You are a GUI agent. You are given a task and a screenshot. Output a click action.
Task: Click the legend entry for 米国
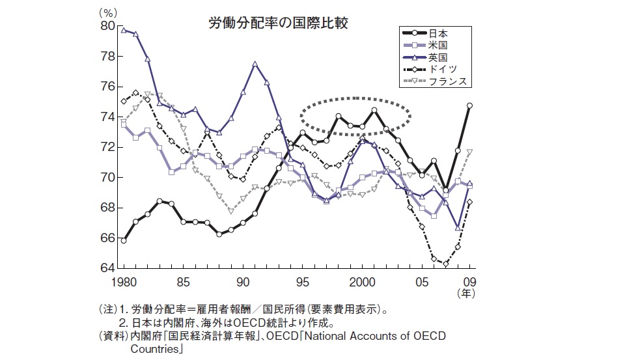438,45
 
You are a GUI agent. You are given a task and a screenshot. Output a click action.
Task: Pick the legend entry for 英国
438,57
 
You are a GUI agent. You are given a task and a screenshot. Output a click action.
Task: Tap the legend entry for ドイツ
443,69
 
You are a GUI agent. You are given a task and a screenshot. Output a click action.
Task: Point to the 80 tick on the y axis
107,26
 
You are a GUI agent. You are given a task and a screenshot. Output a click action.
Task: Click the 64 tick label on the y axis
107,268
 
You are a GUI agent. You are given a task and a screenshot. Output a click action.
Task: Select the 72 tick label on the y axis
107,147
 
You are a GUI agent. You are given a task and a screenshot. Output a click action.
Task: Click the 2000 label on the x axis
363,283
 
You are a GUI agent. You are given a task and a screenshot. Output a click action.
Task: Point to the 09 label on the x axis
469,283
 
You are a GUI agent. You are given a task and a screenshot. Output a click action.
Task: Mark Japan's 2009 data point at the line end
469,105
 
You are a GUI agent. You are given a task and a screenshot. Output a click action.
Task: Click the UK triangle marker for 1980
123,30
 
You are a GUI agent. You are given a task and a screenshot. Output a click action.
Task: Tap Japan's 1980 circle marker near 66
123,240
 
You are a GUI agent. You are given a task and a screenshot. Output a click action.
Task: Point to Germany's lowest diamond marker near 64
446,264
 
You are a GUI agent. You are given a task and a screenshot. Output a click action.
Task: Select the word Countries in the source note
156,348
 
